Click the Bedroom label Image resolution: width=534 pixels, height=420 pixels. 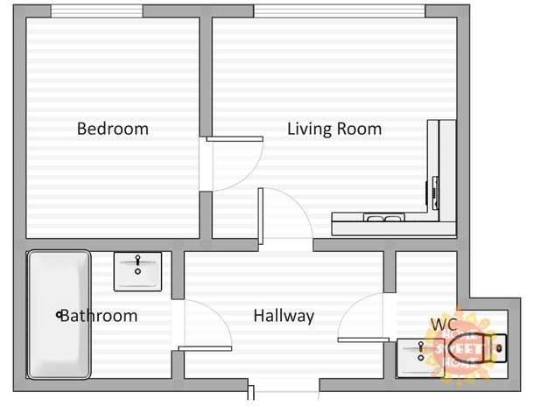pos(113,129)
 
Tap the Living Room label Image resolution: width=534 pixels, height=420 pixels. pos(334,129)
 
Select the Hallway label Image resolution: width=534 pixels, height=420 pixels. pos(284,316)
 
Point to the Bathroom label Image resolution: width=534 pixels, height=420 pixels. pos(99,316)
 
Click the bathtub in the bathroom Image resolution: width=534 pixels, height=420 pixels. pos(59,315)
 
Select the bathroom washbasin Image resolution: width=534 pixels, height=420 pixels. pos(137,271)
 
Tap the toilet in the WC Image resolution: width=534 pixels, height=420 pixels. pos(477,348)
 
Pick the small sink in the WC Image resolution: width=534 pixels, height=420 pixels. pos(421,358)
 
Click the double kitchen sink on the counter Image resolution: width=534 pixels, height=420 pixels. pos(384,217)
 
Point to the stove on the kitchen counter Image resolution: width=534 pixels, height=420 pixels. pos(435,192)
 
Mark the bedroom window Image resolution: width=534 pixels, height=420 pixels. pos(96,11)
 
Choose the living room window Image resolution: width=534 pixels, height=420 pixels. pos(340,11)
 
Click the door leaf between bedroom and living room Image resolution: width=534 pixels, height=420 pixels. pos(235,139)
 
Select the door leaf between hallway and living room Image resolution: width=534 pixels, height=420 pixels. pos(261,216)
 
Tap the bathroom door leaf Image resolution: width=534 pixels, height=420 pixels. pos(205,348)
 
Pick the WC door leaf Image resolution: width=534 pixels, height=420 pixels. pos(363,339)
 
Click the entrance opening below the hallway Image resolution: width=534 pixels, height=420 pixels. pos(284,386)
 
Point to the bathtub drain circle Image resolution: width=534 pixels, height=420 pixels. pos(59,315)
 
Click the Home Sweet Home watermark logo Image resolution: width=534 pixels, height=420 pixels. pos(459,348)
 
